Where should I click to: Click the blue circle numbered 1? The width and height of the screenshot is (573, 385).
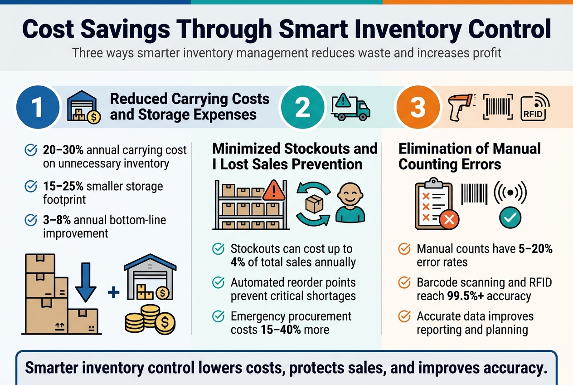tap(38, 107)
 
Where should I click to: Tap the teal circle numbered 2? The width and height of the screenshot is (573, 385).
tap(303, 107)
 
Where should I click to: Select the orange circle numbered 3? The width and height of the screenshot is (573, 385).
tap(418, 107)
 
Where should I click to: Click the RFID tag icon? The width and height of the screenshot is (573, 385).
tap(535, 107)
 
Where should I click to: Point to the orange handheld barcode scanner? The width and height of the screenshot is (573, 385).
tap(461, 107)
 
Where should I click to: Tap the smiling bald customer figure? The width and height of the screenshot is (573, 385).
tap(350, 202)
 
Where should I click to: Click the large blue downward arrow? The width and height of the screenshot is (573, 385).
tap(86, 282)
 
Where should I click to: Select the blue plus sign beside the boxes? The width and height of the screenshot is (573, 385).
tap(114, 292)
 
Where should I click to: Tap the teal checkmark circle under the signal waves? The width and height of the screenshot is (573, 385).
tap(510, 217)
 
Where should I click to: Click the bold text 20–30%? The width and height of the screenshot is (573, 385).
tap(63, 150)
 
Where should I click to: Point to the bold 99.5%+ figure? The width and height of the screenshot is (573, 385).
tap(466, 296)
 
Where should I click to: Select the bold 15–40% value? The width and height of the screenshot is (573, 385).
tap(281, 330)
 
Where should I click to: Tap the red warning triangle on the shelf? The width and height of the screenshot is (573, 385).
tap(274, 190)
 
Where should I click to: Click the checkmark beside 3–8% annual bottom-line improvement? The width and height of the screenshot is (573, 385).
tap(31, 220)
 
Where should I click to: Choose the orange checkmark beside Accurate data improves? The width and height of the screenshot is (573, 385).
tap(404, 316)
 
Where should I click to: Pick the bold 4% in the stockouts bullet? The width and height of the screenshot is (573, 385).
tap(238, 262)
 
